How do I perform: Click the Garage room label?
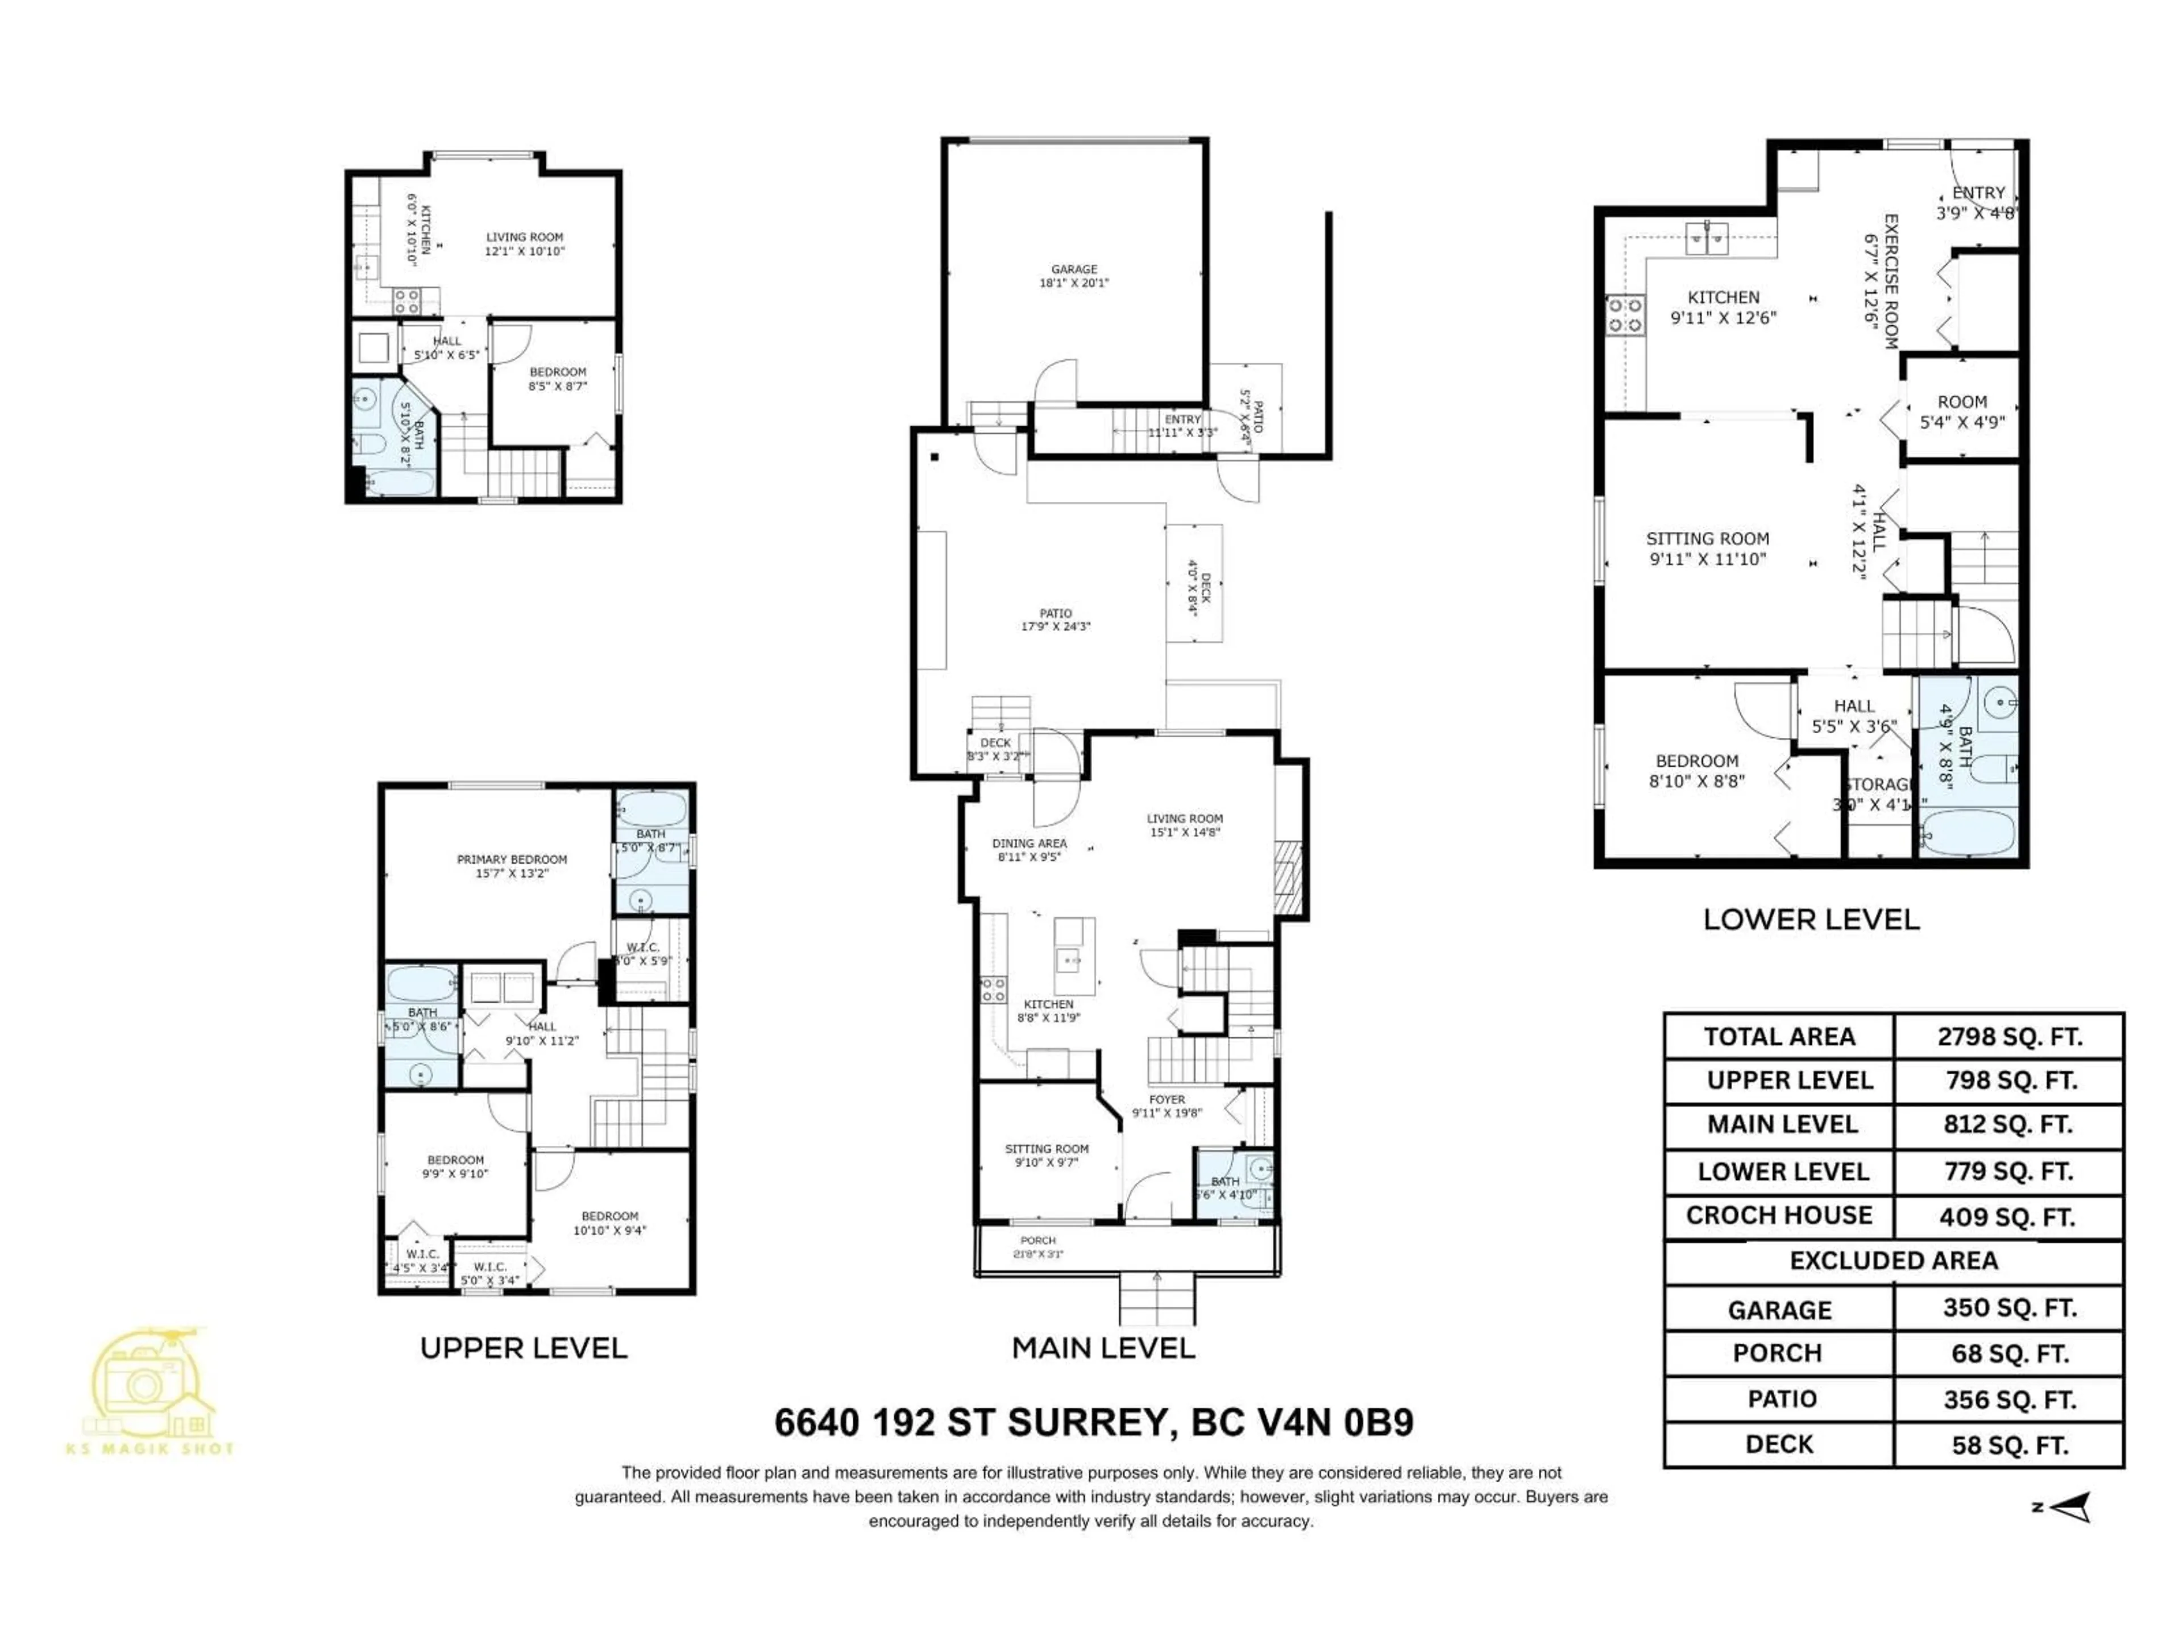coord(1074,275)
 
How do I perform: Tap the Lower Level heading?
coord(1811,920)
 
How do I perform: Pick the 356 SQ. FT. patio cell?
coord(2009,1399)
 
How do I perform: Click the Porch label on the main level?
coord(1037,1247)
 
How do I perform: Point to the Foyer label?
coord(1167,1105)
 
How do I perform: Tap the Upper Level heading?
coord(523,1348)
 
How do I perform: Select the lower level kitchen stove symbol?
coord(1624,315)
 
